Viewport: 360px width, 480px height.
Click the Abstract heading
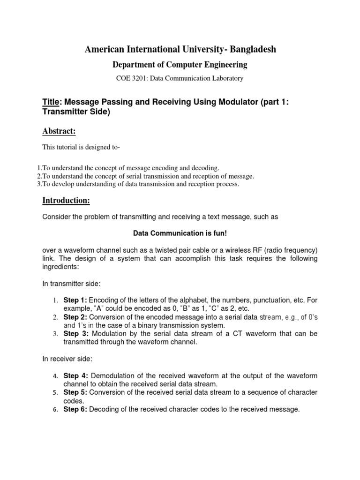59,131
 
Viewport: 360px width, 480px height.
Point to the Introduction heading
66,201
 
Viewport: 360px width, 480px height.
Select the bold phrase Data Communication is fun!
180,232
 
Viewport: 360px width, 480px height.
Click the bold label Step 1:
75,300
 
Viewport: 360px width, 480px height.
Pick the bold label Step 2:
75,317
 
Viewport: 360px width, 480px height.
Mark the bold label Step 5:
75,392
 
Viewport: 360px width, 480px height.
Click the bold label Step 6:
75,409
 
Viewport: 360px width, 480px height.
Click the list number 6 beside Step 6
54,410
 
